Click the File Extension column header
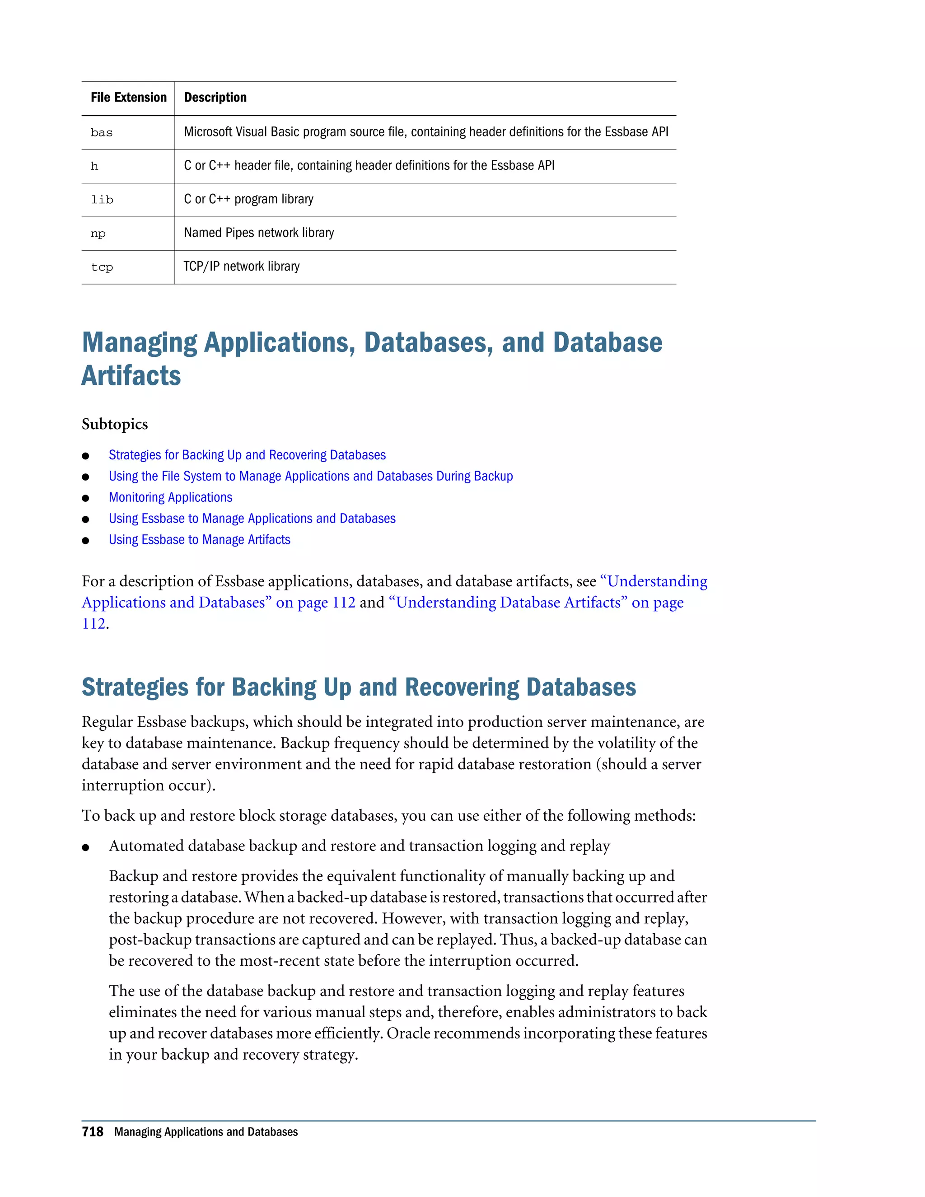click(x=128, y=98)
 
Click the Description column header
click(x=215, y=98)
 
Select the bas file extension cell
click(x=102, y=133)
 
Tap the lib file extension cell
click(x=102, y=200)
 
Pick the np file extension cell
click(x=98, y=234)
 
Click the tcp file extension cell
click(x=102, y=267)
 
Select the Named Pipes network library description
click(x=259, y=233)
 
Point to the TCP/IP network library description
click(x=242, y=267)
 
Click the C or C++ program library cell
click(x=249, y=199)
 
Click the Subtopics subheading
click(x=115, y=424)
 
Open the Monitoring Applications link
click(x=170, y=497)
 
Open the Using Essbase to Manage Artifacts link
click(x=200, y=540)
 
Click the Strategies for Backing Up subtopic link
click(x=247, y=455)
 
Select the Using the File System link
click(x=311, y=476)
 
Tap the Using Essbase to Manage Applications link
click(x=252, y=519)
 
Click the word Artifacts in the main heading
click(x=131, y=376)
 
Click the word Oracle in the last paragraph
click(x=408, y=1033)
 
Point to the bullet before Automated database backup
click(x=85, y=847)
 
